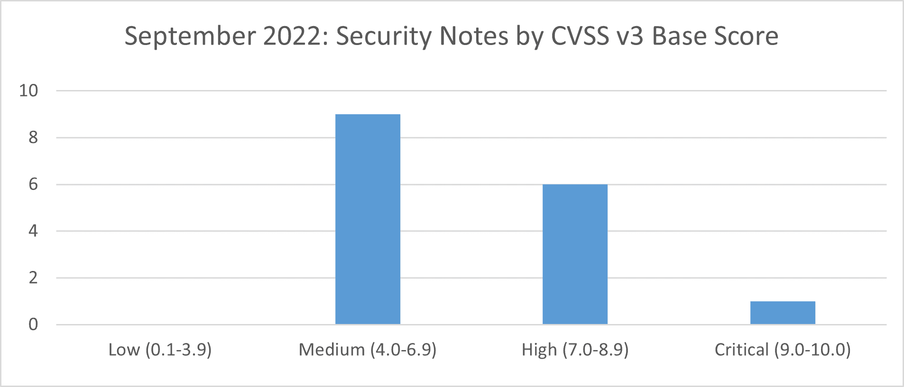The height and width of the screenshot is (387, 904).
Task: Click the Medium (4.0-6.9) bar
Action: [x=368, y=219]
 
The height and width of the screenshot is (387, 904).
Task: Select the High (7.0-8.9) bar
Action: [x=575, y=254]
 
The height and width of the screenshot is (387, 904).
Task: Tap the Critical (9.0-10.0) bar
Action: [x=783, y=313]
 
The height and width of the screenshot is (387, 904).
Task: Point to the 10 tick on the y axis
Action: [x=28, y=90]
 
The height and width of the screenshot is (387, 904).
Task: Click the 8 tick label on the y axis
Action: [x=33, y=137]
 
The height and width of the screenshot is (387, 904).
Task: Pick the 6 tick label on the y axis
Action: [x=33, y=184]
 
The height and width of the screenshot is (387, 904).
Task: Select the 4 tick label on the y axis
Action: [x=33, y=231]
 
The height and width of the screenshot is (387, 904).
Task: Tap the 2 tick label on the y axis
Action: [x=33, y=278]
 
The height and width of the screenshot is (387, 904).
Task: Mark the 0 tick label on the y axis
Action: [x=33, y=324]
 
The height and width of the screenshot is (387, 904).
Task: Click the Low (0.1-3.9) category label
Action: [x=160, y=350]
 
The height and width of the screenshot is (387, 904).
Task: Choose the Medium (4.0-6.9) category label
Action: [x=368, y=350]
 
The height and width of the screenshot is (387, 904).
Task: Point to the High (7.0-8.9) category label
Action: [x=575, y=350]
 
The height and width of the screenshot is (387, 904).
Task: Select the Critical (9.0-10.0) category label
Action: [x=783, y=350]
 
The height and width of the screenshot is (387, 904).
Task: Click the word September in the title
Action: [x=190, y=36]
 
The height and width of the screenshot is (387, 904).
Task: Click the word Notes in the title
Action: [x=474, y=36]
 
